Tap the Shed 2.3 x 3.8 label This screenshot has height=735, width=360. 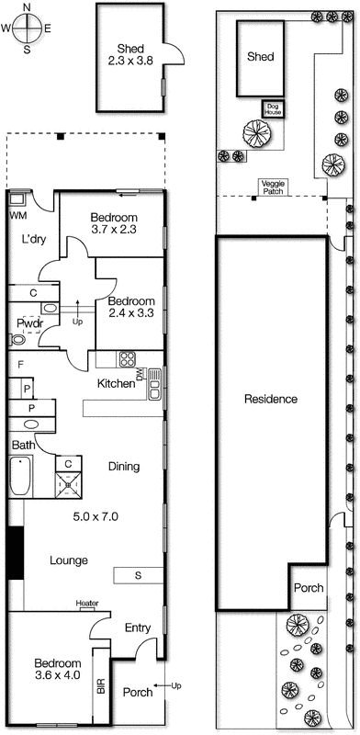[x=129, y=55]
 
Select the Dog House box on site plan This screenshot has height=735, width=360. [x=272, y=109]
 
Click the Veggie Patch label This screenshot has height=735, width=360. [x=274, y=186]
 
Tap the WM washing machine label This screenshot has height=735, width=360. [x=17, y=215]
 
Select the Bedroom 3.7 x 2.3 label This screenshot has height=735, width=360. [x=115, y=224]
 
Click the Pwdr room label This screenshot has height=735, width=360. [x=27, y=323]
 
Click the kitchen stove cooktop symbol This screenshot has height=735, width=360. [x=128, y=359]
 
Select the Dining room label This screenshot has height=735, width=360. [x=124, y=467]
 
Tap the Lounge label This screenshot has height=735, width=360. [x=69, y=560]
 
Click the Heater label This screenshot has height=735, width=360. [x=87, y=604]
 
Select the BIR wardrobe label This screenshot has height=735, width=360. [x=101, y=686]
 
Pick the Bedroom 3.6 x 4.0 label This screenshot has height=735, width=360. [x=58, y=670]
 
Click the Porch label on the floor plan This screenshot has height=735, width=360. [x=137, y=693]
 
